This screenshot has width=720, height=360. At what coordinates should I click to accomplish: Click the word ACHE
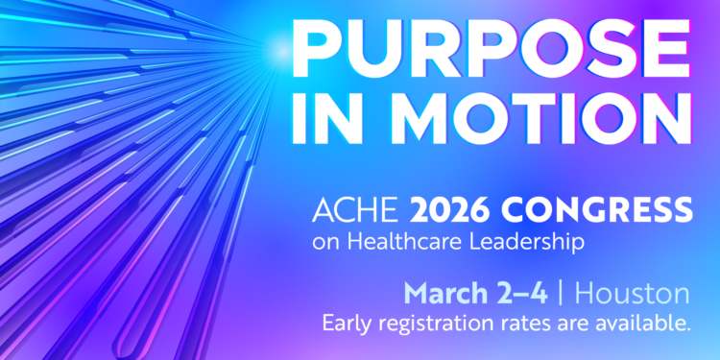344,209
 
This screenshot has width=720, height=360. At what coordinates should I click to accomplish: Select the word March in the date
442,292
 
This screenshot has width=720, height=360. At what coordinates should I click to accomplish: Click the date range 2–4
523,292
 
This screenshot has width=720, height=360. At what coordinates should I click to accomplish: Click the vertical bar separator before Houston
568,292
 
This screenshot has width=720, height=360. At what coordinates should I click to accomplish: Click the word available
641,324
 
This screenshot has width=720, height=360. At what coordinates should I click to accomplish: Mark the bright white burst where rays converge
280,45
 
